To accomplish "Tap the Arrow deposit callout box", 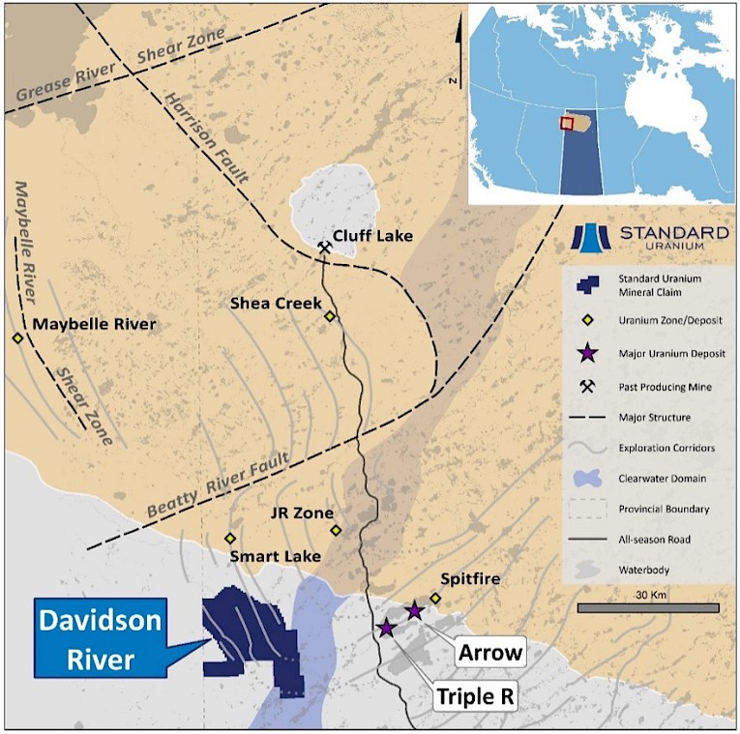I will click(490, 653).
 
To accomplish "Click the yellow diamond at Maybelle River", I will click(17, 338).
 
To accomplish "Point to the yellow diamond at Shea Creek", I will click(330, 316).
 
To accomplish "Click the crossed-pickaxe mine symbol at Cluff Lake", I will click(325, 249).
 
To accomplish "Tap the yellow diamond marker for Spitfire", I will click(435, 599).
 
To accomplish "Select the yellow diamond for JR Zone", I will click(336, 530).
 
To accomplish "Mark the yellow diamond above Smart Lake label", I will click(230, 539).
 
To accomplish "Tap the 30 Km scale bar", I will click(648, 607).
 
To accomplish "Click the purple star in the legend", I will click(586, 353).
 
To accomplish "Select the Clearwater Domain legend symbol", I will click(586, 477).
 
